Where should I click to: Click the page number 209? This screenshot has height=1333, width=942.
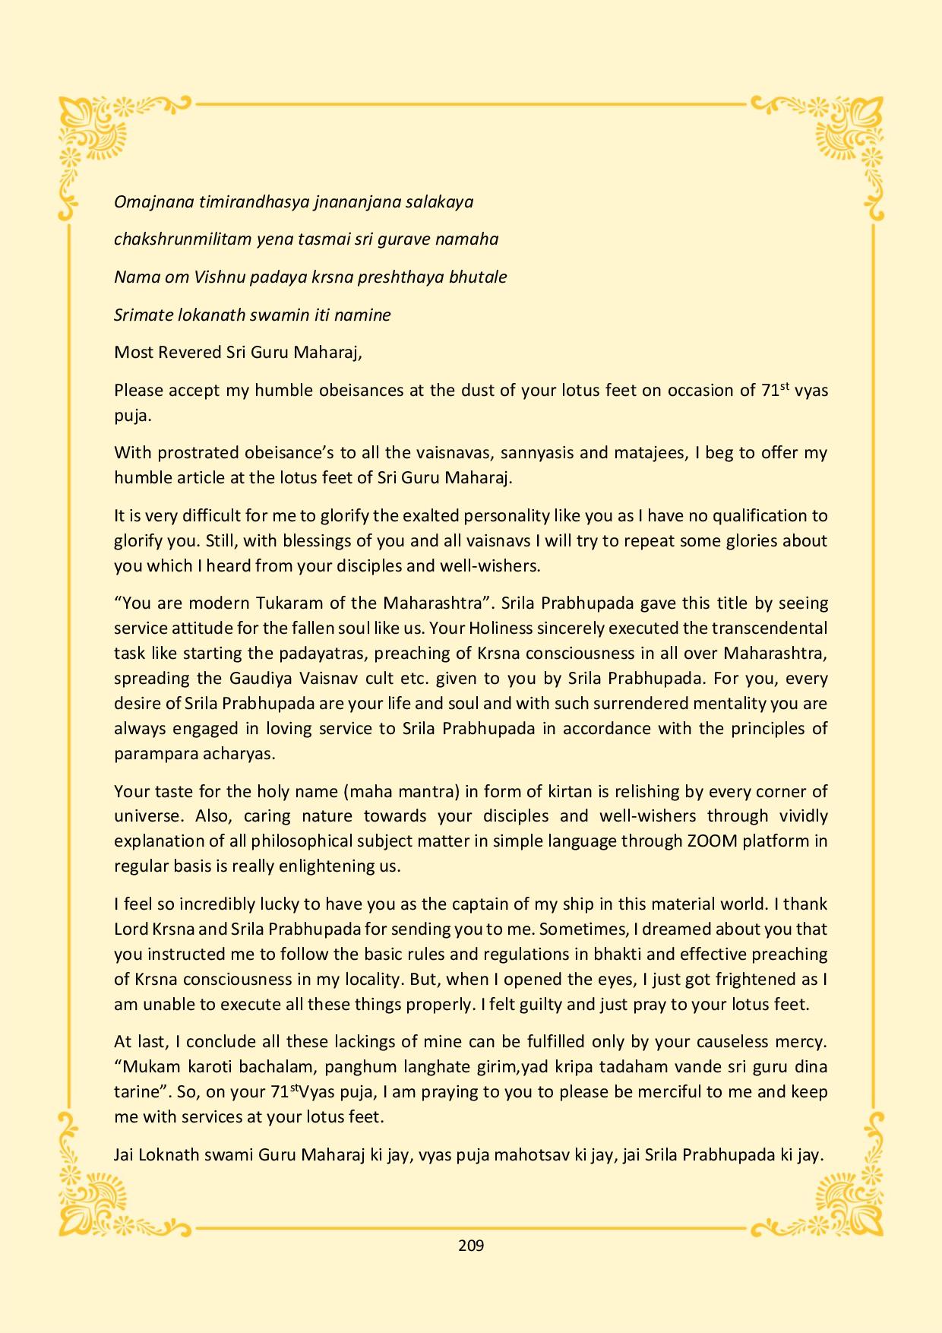tap(471, 1246)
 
